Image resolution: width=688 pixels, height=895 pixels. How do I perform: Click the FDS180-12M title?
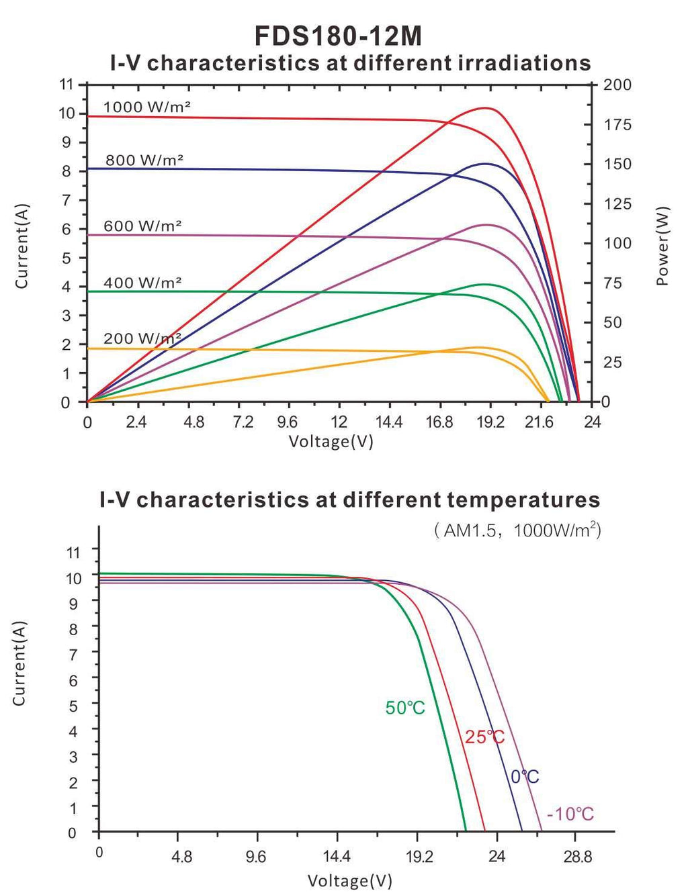(338, 36)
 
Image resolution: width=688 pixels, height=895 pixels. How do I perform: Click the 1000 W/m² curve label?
(147, 107)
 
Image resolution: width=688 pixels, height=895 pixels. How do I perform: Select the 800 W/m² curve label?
(144, 160)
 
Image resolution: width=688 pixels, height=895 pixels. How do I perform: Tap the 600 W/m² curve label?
(142, 226)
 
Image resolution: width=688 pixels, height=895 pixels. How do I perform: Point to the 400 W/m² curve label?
(142, 283)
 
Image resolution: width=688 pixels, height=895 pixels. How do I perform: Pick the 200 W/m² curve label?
(142, 338)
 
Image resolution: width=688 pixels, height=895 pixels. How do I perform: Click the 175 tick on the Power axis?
(617, 125)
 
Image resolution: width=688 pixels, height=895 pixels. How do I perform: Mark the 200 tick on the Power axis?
(617, 85)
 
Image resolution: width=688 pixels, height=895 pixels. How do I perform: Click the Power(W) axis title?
(662, 246)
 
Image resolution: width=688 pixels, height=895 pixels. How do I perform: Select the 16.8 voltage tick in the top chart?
(439, 422)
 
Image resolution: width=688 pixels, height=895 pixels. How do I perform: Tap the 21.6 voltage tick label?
(540, 422)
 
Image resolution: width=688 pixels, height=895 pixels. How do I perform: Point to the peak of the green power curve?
(484, 284)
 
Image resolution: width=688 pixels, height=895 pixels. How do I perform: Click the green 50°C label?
(405, 708)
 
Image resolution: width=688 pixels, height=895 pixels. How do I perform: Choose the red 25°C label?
(485, 737)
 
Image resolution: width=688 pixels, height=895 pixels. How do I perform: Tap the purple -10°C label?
(570, 814)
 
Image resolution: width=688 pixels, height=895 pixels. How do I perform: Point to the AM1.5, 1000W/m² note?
(518, 530)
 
